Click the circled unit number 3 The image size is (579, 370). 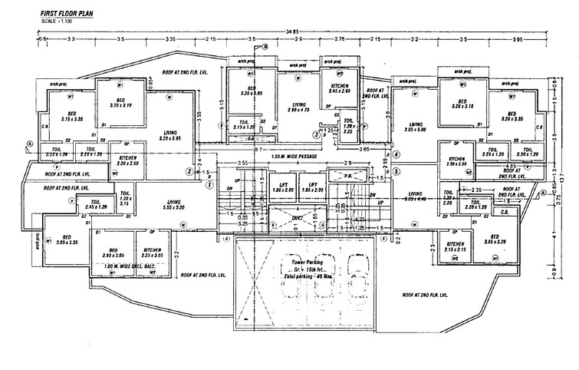coord(315,134)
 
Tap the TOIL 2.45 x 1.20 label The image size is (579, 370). coord(95,205)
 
